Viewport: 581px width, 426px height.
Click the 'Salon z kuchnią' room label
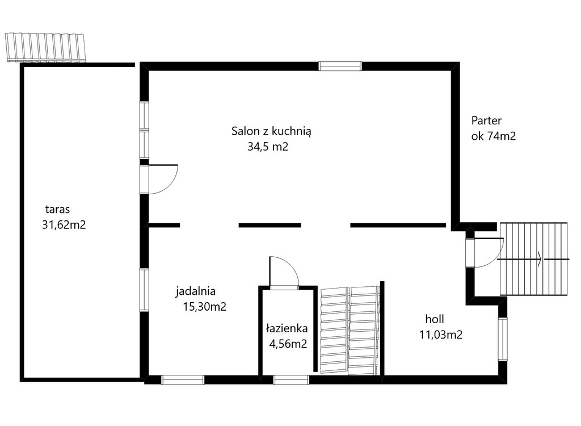(271, 131)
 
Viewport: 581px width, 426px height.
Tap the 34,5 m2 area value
(268, 147)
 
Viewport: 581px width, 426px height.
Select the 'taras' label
(57, 209)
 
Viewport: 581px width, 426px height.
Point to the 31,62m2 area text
(64, 225)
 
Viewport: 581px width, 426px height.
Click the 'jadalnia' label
(195, 291)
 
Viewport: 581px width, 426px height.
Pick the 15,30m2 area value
(204, 307)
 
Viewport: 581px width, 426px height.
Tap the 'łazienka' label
(287, 328)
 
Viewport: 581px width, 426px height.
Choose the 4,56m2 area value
(288, 344)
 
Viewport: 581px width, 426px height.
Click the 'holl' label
(435, 319)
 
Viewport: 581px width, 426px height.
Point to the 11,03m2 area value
(440, 335)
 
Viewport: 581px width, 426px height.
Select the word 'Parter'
(486, 120)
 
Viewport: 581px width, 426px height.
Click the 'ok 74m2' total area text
(493, 136)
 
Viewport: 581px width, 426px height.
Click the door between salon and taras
(159, 179)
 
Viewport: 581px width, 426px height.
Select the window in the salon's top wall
(340, 66)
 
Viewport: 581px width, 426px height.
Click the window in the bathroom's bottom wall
(291, 379)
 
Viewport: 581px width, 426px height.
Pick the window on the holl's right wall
(503, 339)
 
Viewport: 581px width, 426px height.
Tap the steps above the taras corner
(45, 47)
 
